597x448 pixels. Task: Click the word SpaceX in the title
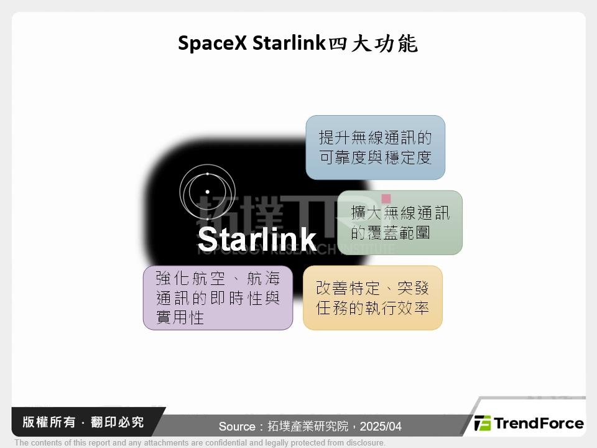coord(212,43)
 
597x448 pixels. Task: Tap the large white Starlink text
coord(257,238)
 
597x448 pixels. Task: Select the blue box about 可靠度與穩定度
coord(375,147)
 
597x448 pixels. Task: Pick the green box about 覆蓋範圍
coord(400,223)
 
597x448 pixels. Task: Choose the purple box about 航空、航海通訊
coord(218,298)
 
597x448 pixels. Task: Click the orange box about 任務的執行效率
coord(373,297)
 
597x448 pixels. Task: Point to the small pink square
coord(386,198)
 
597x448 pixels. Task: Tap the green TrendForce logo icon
coord(482,424)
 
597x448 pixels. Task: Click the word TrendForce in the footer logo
coord(539,424)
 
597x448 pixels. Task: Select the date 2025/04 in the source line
coord(381,427)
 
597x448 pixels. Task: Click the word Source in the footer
coord(237,427)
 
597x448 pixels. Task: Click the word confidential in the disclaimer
coord(201,443)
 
